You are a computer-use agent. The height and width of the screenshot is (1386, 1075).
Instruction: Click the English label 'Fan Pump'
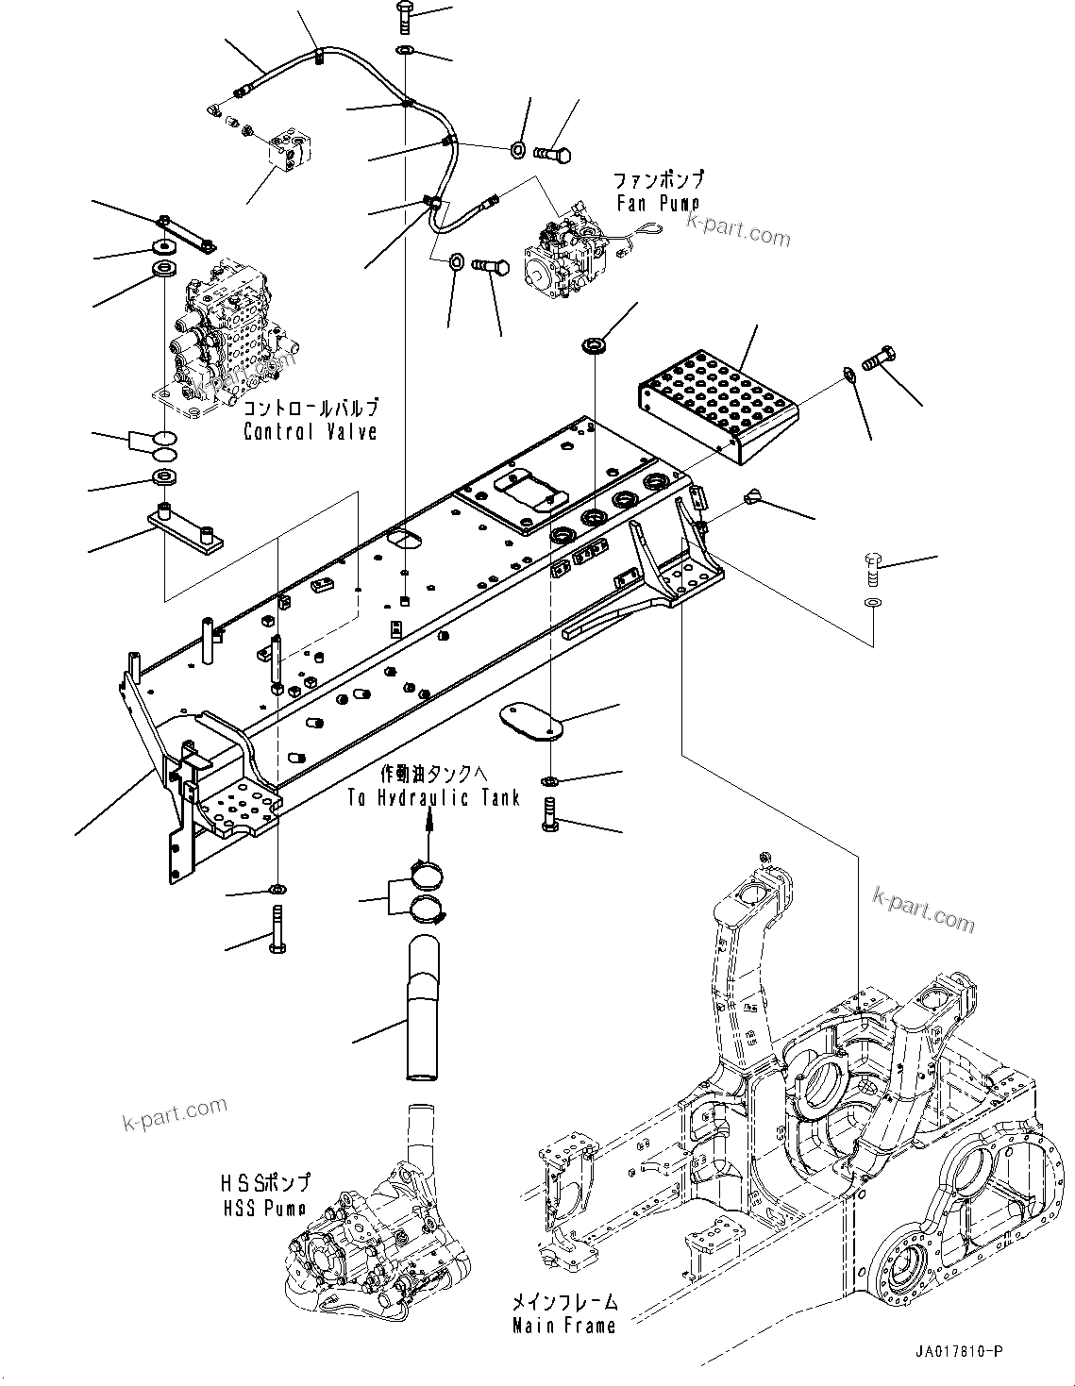(658, 203)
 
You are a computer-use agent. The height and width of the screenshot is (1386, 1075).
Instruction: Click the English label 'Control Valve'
(310, 431)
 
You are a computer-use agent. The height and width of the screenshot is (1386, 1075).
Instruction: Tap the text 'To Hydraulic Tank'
(433, 798)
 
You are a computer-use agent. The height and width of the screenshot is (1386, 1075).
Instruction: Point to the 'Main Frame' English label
(563, 1325)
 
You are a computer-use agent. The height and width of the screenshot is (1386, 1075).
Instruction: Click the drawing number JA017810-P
(957, 1352)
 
